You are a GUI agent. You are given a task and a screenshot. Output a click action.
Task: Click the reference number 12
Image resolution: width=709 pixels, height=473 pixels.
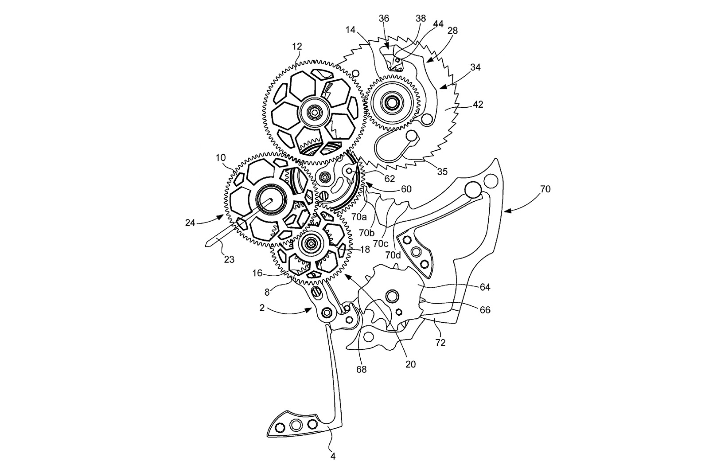pyautogui.click(x=297, y=46)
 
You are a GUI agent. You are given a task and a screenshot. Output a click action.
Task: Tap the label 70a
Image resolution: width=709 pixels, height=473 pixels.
pyautogui.click(x=359, y=217)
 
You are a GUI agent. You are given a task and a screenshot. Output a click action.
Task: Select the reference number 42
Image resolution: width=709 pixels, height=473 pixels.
pyautogui.click(x=478, y=105)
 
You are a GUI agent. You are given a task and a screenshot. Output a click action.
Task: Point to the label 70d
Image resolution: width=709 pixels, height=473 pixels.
pyautogui.click(x=393, y=255)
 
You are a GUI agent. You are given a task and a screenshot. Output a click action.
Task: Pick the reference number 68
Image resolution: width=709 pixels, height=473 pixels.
pyautogui.click(x=362, y=369)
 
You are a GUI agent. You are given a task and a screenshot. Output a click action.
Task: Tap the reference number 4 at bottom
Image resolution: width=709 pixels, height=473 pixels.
pyautogui.click(x=334, y=456)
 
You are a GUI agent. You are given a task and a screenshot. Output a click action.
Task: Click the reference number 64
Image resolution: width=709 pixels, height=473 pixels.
pyautogui.click(x=485, y=287)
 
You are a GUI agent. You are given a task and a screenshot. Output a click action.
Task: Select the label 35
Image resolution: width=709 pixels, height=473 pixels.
pyautogui.click(x=442, y=171)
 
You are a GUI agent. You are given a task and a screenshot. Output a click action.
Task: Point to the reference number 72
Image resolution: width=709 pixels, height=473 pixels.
pyautogui.click(x=441, y=342)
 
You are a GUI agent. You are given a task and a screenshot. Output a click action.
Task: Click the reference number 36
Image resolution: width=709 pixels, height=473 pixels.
pyautogui.click(x=384, y=19)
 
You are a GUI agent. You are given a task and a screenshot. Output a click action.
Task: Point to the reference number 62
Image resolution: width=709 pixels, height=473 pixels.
pyautogui.click(x=390, y=179)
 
